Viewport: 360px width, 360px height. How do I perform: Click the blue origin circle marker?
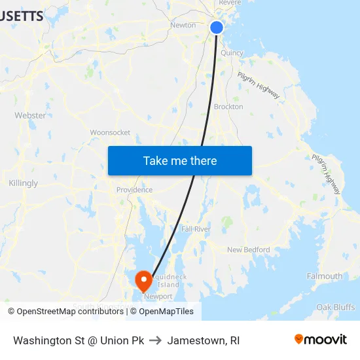[x=217, y=27]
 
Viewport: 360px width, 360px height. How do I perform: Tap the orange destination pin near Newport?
[x=143, y=281]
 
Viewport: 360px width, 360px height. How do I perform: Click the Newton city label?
[x=183, y=25]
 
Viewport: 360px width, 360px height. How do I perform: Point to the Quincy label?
[x=232, y=53]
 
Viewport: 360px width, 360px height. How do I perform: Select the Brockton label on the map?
[x=228, y=107]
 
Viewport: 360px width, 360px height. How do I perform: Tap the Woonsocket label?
[x=110, y=132]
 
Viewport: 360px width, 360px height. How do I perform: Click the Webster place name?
[x=30, y=115]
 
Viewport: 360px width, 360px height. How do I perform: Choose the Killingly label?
[x=24, y=183]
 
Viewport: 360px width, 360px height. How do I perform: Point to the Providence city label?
[x=134, y=190]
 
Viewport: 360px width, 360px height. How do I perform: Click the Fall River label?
[x=195, y=229]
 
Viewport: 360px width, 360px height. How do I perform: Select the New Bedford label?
[x=248, y=249]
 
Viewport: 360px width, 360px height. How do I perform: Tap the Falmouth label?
[x=325, y=276]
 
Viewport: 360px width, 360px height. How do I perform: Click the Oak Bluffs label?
[x=335, y=307]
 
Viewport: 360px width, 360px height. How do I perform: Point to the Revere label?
[x=230, y=3]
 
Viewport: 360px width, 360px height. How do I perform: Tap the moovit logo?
[x=320, y=340]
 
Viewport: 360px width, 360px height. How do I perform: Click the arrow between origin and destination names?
[x=155, y=341]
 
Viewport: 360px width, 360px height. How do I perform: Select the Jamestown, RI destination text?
[x=203, y=341]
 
